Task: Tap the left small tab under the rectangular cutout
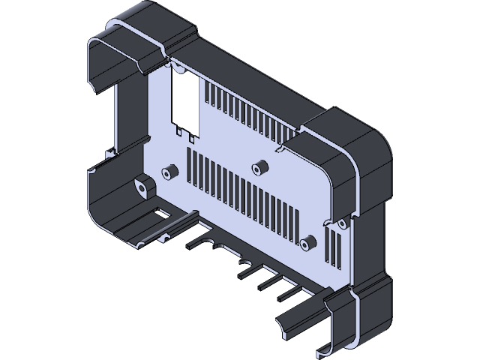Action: (179, 131)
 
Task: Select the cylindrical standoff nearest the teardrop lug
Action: (170, 173)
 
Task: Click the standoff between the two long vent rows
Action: (259, 166)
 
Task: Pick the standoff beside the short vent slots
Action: (307, 241)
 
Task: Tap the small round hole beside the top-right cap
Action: (283, 147)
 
